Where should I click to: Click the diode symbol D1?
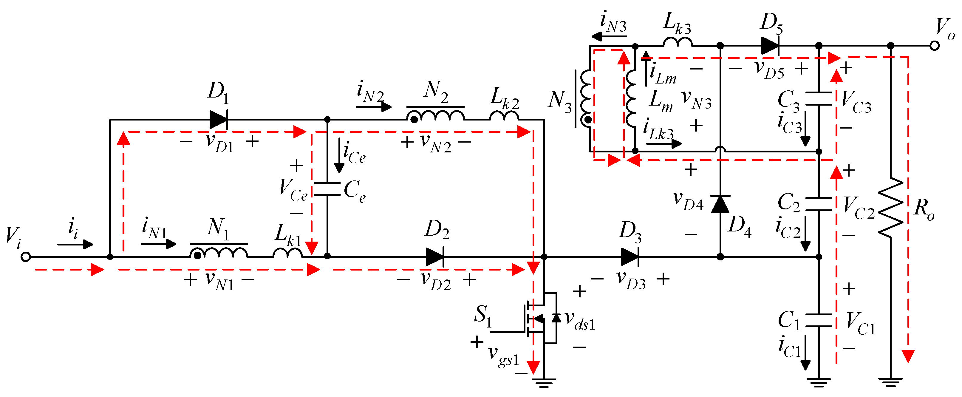coord(219,120)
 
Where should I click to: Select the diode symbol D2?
coord(435,257)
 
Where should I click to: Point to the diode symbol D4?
coord(720,204)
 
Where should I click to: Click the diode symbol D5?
coord(770,46)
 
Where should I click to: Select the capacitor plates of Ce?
coord(327,189)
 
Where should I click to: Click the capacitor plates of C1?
coord(819,320)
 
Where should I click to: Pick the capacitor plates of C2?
coord(819,204)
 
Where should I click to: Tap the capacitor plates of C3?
coord(819,99)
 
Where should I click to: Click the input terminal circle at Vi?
coord(25,257)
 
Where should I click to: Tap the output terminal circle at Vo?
coord(934,46)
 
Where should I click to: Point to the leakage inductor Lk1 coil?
coord(287,253)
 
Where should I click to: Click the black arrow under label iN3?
coord(609,36)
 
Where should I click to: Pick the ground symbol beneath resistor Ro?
coord(891,382)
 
